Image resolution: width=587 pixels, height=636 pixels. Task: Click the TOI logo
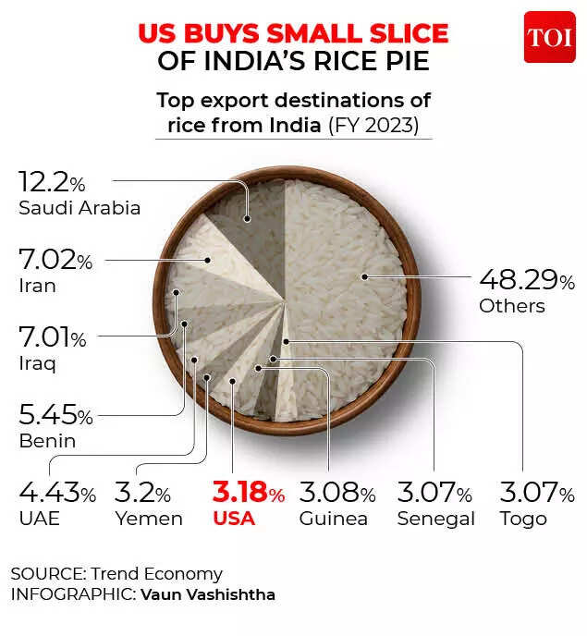[549, 37]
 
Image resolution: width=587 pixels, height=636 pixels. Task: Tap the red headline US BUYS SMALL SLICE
[293, 34]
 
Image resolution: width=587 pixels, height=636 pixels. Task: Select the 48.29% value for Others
[526, 280]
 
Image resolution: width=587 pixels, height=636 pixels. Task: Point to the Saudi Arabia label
[79, 208]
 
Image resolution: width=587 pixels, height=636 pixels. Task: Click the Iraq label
[37, 363]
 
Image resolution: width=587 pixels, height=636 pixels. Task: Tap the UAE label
[39, 518]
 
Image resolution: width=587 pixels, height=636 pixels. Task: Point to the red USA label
[233, 518]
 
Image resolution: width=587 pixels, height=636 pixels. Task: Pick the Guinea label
[333, 518]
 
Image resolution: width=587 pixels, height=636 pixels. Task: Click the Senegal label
[435, 518]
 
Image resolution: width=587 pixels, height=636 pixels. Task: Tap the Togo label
[522, 518]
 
